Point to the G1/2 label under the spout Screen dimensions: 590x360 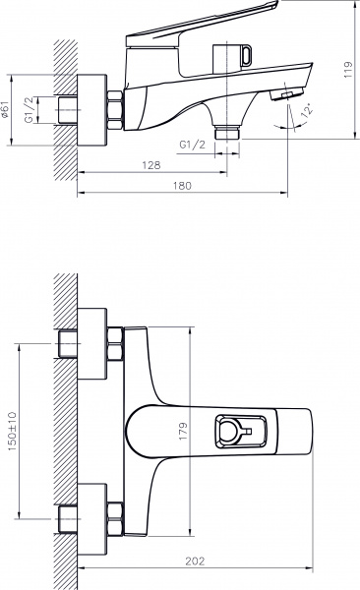[x=192, y=146]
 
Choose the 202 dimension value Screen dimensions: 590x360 [x=193, y=561]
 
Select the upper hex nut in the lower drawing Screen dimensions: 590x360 [x=116, y=344]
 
